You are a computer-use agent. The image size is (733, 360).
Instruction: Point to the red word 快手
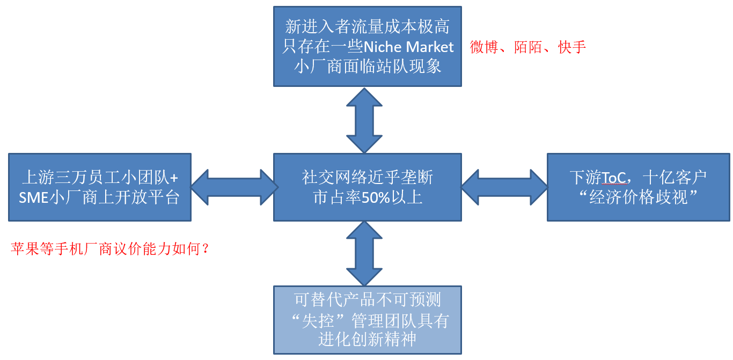[x=572, y=47]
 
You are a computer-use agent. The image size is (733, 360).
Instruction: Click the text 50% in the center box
[x=372, y=197]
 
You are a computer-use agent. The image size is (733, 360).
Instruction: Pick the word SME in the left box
[x=33, y=197]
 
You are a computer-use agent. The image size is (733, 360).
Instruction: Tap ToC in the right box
[x=614, y=177]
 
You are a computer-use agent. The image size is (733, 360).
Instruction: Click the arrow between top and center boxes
[x=364, y=120]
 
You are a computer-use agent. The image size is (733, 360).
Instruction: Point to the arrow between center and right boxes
[x=504, y=187]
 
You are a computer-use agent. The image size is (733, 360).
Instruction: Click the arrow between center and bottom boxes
[x=364, y=253]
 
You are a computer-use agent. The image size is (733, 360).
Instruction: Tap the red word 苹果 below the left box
[x=25, y=249]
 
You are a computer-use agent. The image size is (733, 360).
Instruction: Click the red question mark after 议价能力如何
[x=204, y=249]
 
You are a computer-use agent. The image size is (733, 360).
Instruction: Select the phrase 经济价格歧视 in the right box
[x=639, y=197]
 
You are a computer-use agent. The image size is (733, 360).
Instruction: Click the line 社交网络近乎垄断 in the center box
[x=368, y=177]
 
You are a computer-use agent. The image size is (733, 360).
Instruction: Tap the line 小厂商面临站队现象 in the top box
[x=368, y=66]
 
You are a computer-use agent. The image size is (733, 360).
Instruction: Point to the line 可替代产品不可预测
[x=368, y=299]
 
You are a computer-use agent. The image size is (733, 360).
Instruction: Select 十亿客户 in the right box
[x=675, y=177]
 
